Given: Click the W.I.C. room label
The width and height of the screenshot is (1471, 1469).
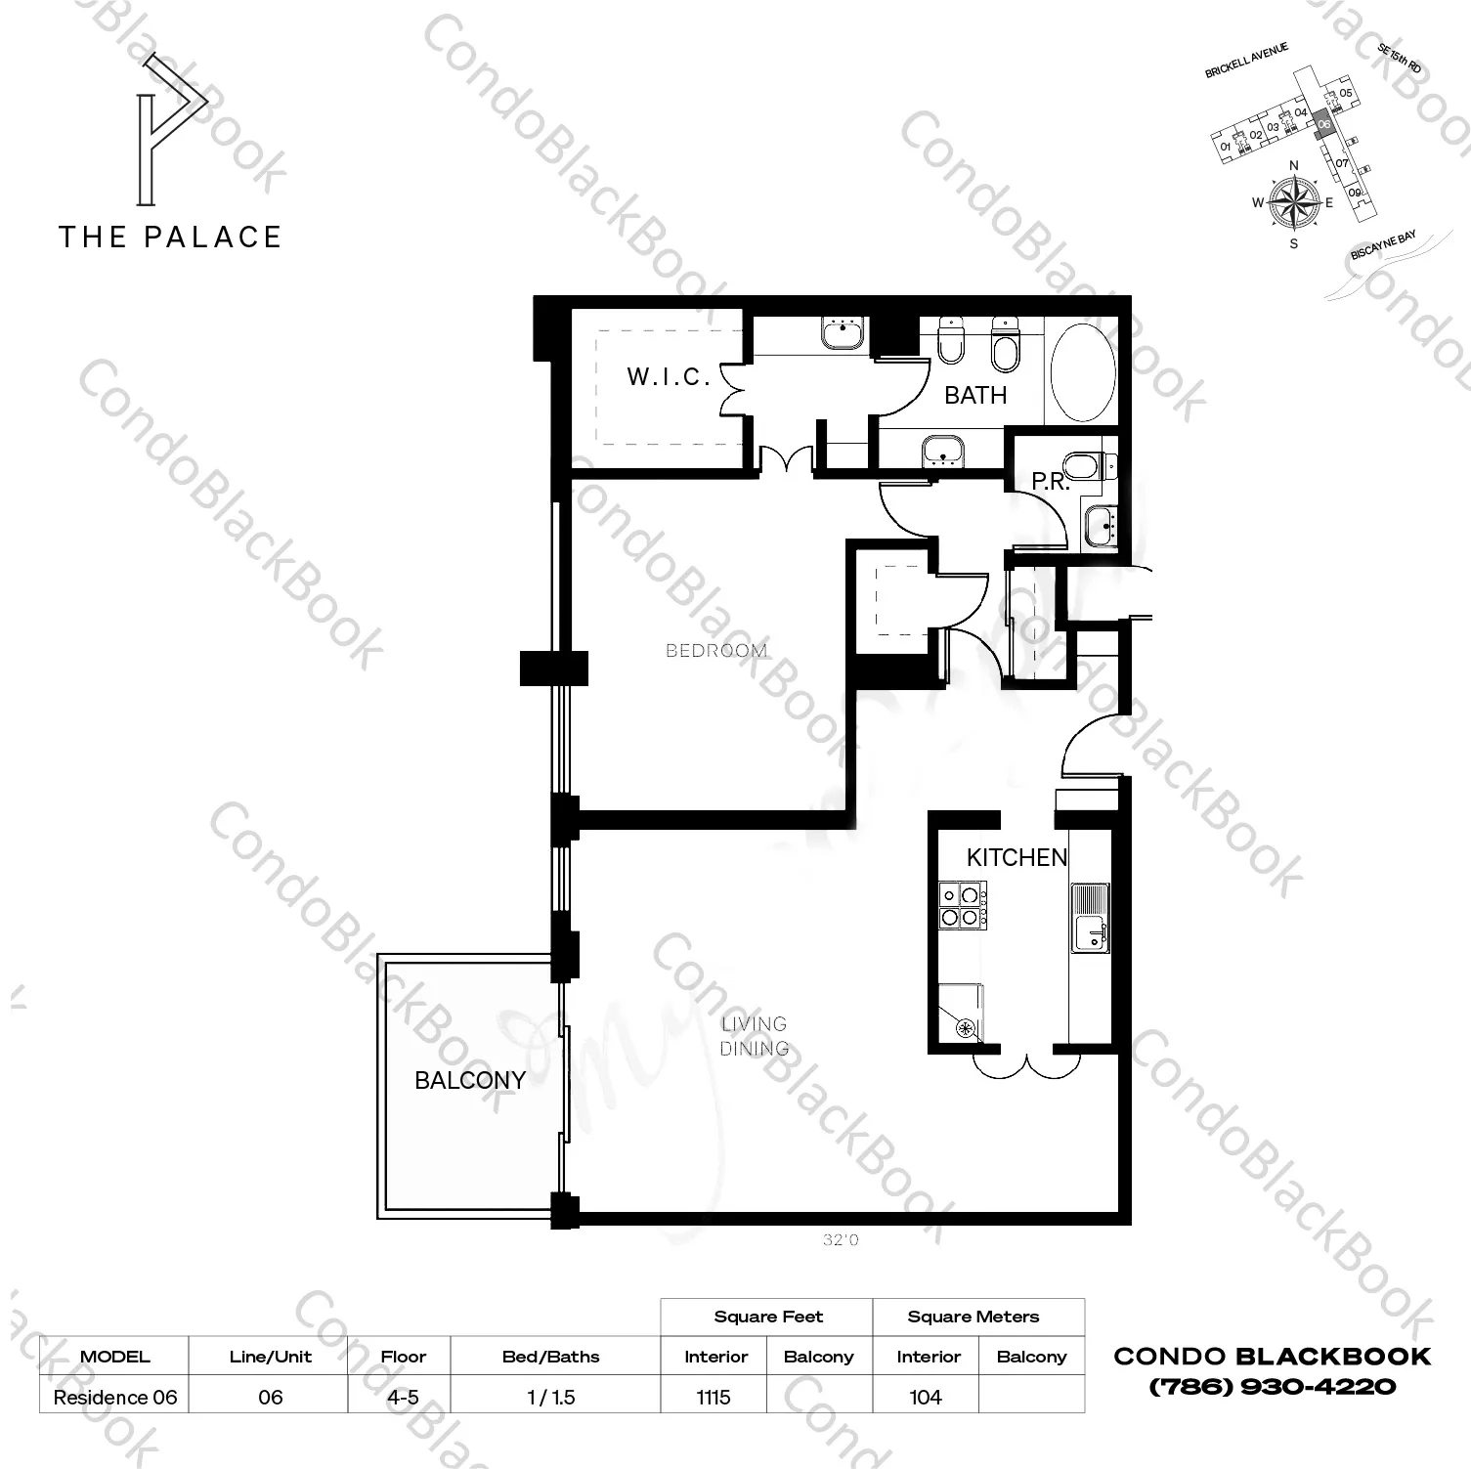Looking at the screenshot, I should coord(669,377).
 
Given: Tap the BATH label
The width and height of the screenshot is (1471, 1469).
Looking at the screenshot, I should coord(974,396).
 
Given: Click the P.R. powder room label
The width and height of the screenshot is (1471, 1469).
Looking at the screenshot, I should coord(1051,482).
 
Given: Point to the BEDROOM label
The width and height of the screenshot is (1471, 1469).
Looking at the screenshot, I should coord(715,651).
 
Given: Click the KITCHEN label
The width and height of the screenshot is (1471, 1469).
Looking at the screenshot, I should coord(1017,858).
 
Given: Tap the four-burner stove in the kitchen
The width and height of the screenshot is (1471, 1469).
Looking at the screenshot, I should coord(962,905).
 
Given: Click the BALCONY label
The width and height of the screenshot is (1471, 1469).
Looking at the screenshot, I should coord(470,1080).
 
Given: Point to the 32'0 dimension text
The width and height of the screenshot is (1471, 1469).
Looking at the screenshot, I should coord(841,1240).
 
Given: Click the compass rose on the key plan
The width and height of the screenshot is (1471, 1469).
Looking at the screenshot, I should coord(1293,202).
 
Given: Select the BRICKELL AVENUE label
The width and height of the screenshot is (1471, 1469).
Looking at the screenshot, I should coord(1246,61).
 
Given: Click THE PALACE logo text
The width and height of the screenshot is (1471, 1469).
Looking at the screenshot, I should coord(170,238).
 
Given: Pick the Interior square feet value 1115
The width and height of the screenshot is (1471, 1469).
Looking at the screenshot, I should coord(714,1397).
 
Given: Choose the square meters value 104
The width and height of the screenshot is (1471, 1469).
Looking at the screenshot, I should coord(925,1397).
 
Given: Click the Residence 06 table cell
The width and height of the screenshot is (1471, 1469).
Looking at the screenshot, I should coord(115,1397).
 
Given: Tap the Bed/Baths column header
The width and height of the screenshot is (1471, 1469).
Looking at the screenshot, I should coord(550,1357).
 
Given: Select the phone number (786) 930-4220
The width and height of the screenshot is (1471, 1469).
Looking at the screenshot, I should coord(1272,1386).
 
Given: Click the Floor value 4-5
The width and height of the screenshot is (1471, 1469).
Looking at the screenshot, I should coord(403,1397).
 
